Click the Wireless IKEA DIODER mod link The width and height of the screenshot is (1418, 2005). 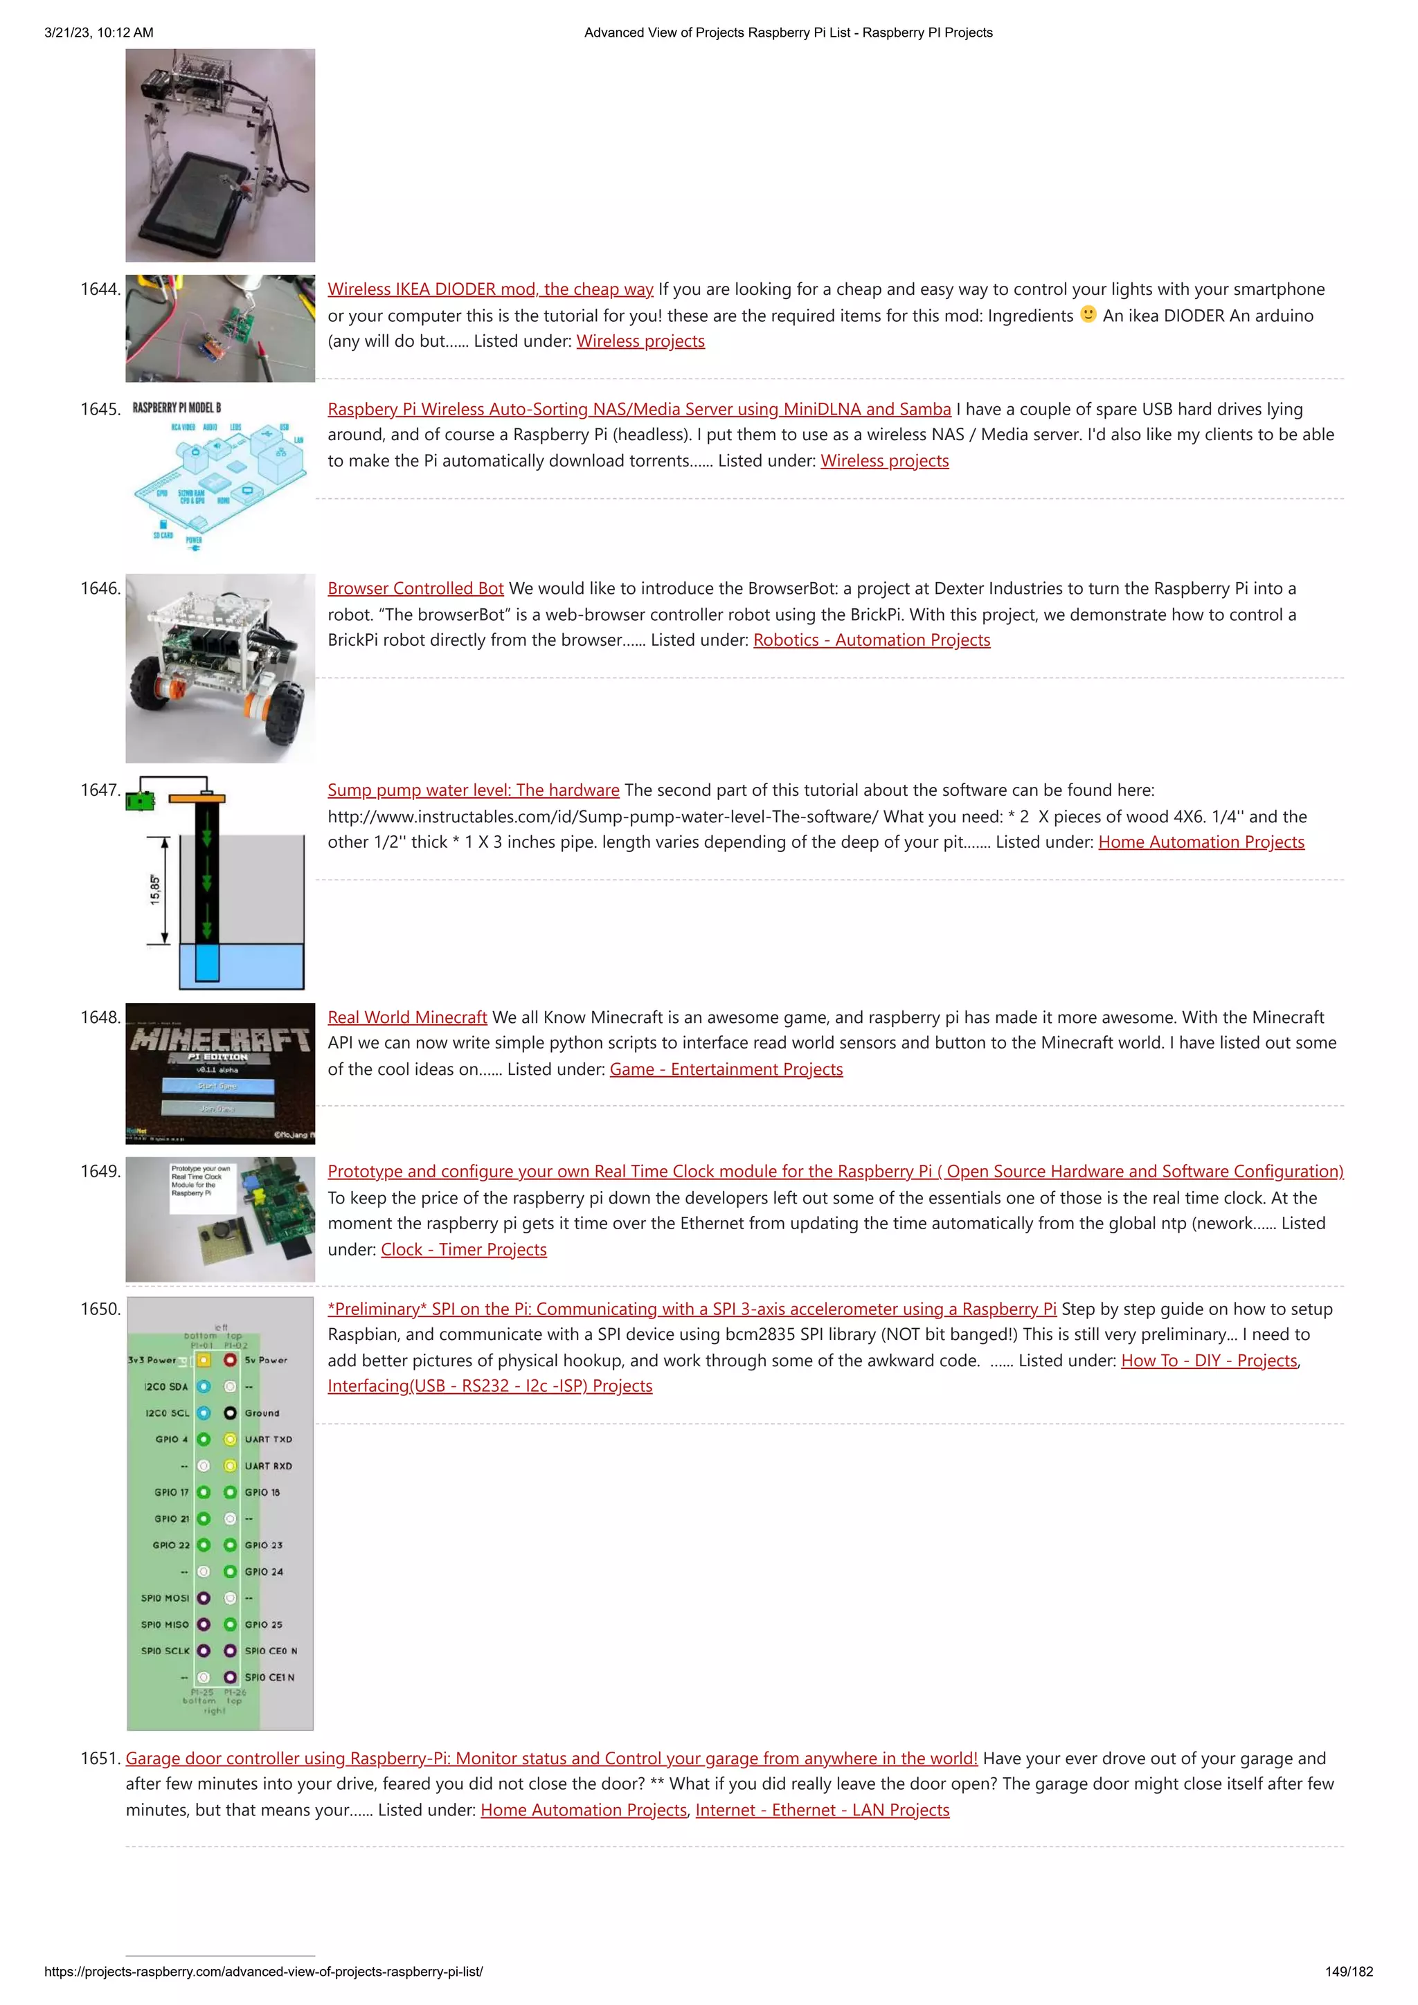point(490,289)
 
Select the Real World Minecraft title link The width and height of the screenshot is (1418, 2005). point(407,1017)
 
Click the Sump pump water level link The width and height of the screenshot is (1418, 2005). point(473,790)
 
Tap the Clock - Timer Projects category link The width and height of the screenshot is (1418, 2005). point(463,1250)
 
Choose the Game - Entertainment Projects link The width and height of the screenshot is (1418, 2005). point(726,1070)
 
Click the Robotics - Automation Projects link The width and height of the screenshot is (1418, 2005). point(871,640)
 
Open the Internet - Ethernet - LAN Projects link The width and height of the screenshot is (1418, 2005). point(822,1811)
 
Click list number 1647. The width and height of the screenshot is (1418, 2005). point(100,790)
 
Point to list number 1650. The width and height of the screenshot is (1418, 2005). point(100,1309)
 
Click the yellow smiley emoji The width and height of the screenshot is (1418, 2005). point(1088,314)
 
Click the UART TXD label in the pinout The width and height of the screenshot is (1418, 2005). point(268,1439)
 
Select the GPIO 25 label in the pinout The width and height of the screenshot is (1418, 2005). point(263,1624)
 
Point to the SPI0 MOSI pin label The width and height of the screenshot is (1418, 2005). point(164,1598)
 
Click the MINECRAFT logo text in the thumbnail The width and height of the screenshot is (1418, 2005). point(220,1039)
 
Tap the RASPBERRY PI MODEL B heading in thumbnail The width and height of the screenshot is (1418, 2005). point(177,408)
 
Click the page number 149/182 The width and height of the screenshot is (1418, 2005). point(1348,1971)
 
